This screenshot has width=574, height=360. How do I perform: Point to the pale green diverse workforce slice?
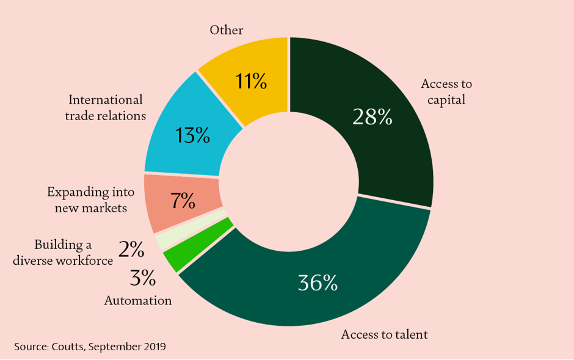coord(191,231)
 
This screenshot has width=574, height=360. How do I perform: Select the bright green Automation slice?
coord(198,245)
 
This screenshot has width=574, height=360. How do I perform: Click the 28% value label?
coord(372,117)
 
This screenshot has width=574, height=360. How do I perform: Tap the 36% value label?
coord(318,283)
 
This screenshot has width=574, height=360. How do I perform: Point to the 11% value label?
coord(251,81)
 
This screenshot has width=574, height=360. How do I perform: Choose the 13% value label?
coord(192,135)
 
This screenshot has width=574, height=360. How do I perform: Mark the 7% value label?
coord(183,201)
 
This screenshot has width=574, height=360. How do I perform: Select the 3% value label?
coord(143,278)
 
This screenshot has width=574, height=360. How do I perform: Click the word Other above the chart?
coord(226,30)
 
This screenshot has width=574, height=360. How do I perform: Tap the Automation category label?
coord(138,301)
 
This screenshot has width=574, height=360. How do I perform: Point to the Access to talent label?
coord(384,334)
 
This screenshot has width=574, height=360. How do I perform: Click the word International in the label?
coord(106,100)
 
